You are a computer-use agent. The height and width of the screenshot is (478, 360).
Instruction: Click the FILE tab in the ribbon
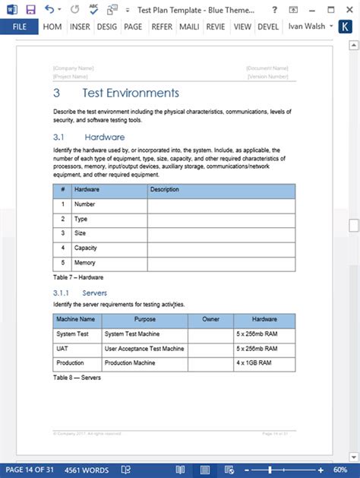pos(18,27)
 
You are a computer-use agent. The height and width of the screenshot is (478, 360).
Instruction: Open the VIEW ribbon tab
pos(242,27)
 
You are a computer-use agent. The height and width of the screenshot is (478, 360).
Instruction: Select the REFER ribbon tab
pos(160,27)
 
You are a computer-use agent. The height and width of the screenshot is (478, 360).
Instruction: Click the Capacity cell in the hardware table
pos(86,248)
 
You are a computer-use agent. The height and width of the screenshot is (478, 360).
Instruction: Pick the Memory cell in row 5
pos(85,262)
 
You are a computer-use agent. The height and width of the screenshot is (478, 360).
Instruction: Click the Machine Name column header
pos(76,319)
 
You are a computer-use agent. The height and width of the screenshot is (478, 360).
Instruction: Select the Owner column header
pos(210,319)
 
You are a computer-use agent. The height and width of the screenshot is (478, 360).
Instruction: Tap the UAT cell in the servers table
pos(63,349)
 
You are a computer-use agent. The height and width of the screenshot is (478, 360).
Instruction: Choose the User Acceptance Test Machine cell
pos(144,349)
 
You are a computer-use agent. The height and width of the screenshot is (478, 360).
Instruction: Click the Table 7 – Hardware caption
pos(78,277)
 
